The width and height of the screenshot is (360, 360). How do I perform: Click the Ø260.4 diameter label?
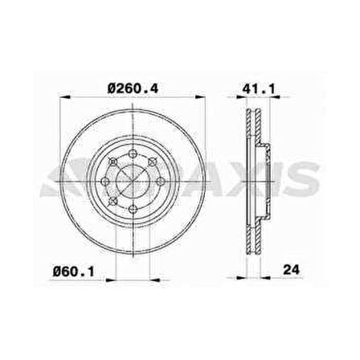click(x=133, y=88)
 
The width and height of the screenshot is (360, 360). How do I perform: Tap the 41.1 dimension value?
click(x=259, y=89)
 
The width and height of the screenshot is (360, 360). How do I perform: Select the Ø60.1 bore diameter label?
click(x=74, y=272)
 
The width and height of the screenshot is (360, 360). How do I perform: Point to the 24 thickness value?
click(x=291, y=270)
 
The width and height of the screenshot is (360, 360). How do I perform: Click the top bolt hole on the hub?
click(x=133, y=153)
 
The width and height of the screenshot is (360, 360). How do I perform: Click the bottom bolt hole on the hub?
click(x=133, y=209)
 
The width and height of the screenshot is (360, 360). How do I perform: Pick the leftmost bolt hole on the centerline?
click(x=105, y=182)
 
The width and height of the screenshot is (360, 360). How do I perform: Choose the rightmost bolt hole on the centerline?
click(x=160, y=182)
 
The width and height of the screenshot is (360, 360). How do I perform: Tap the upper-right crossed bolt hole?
click(x=152, y=162)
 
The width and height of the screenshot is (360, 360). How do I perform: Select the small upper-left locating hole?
click(x=113, y=162)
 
